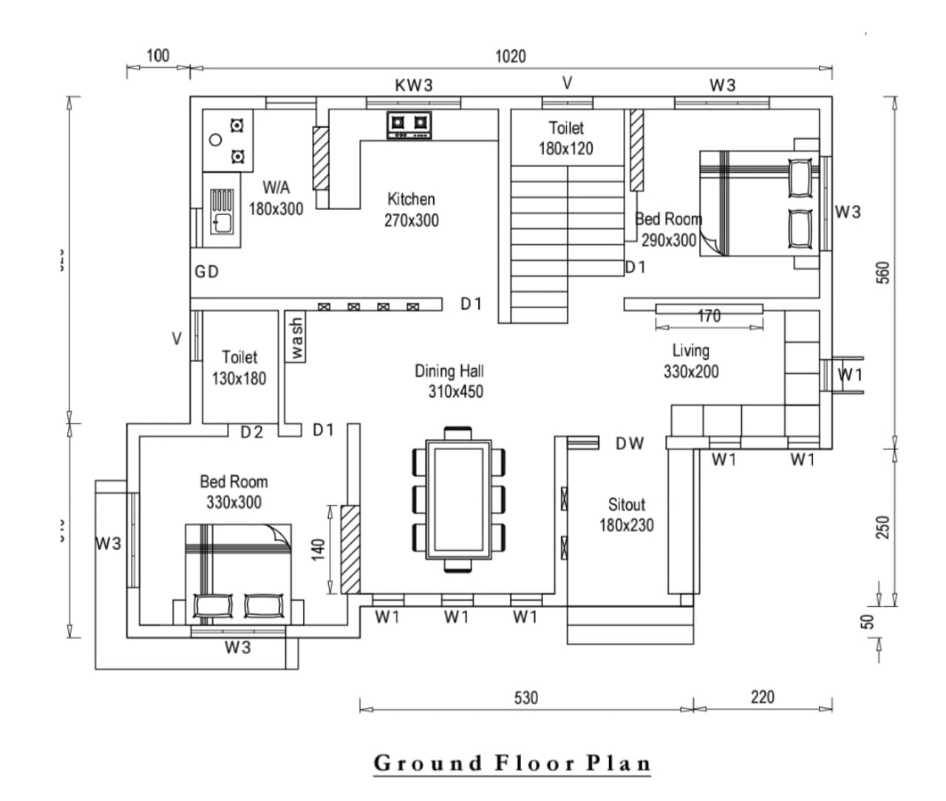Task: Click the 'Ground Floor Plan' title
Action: pyautogui.click(x=512, y=763)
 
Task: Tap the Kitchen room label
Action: pyautogui.click(x=411, y=209)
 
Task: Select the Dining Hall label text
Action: pyautogui.click(x=449, y=381)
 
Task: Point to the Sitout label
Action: pyautogui.click(x=626, y=514)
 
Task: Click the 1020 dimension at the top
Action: pyautogui.click(x=510, y=56)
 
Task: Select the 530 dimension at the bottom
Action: pyautogui.click(x=525, y=697)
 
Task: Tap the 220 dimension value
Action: pyautogui.click(x=762, y=696)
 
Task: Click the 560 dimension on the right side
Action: pyautogui.click(x=882, y=273)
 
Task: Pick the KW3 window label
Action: pyautogui.click(x=414, y=85)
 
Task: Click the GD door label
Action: pyautogui.click(x=207, y=272)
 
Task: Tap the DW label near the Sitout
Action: pyautogui.click(x=630, y=443)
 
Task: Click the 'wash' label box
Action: pyautogui.click(x=296, y=338)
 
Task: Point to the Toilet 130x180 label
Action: pyautogui.click(x=239, y=368)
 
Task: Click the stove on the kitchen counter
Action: pyautogui.click(x=409, y=124)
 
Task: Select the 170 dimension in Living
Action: pyautogui.click(x=709, y=316)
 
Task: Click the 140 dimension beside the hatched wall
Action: pyautogui.click(x=318, y=550)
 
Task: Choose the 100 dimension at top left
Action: pyautogui.click(x=157, y=55)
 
